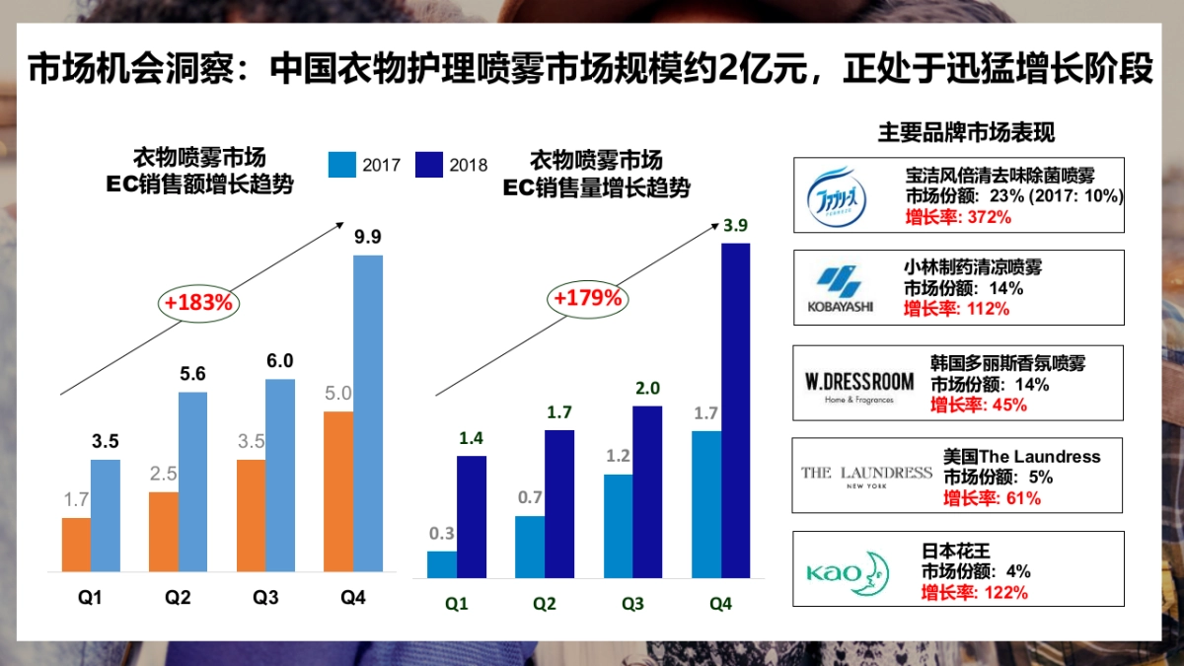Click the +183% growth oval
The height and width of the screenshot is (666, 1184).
click(198, 303)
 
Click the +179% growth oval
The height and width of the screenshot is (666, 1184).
click(587, 297)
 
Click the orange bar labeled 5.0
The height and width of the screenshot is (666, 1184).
click(338, 490)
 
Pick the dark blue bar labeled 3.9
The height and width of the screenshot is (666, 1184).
click(735, 409)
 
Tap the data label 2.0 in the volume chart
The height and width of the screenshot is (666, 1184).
click(647, 388)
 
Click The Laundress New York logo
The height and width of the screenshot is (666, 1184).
click(865, 476)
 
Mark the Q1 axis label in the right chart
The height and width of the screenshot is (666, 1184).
click(456, 604)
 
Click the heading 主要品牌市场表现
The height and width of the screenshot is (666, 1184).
click(966, 133)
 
